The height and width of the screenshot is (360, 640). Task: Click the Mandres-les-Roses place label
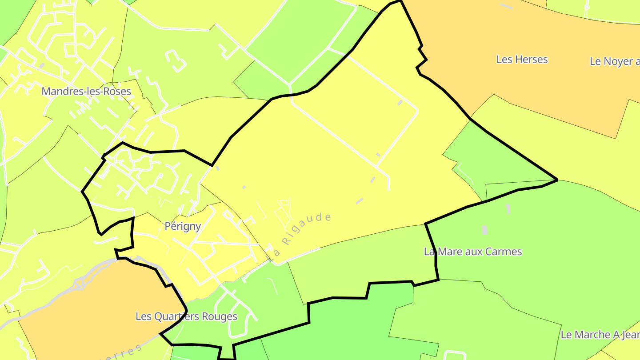point(86,92)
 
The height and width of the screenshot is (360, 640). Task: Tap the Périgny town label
point(183,226)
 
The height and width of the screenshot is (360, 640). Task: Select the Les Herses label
point(522,60)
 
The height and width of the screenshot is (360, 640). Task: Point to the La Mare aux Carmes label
point(473,252)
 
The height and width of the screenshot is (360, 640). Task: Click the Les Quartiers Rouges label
point(186,316)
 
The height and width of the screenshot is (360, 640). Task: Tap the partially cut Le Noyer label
point(615,61)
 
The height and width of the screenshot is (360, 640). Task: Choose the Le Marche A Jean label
point(600,334)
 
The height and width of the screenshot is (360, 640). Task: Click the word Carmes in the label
point(503,252)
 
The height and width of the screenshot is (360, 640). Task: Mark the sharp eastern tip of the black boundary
point(557,180)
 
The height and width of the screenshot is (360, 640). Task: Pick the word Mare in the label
point(448,252)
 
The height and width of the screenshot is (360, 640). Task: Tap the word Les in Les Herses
point(504,60)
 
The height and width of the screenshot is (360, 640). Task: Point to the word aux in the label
point(469,252)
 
